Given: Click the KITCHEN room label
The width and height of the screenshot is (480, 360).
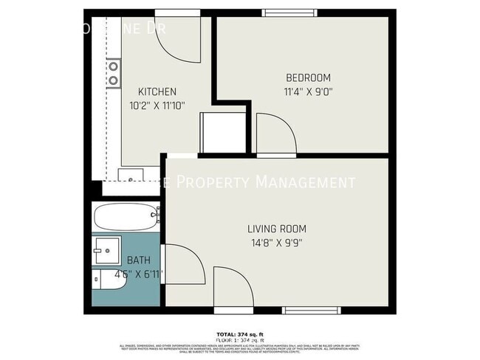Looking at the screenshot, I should [x=157, y=91].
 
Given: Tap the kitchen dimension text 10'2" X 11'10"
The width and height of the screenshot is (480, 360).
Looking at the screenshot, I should [x=157, y=105].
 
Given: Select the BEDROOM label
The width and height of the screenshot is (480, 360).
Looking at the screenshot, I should [x=308, y=77].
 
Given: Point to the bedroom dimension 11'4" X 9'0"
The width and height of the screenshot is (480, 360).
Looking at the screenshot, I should [x=308, y=91].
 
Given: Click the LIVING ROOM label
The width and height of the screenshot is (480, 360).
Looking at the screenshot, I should [x=276, y=229].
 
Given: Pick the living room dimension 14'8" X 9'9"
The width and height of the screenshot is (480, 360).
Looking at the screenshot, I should [x=276, y=243].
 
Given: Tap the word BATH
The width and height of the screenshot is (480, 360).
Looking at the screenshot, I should [x=138, y=260].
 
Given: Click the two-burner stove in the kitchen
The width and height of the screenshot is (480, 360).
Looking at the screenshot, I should [x=114, y=73].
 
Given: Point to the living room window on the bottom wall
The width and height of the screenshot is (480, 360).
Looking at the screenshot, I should [x=310, y=310].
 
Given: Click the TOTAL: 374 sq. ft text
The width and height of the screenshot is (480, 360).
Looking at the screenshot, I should [x=240, y=333].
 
